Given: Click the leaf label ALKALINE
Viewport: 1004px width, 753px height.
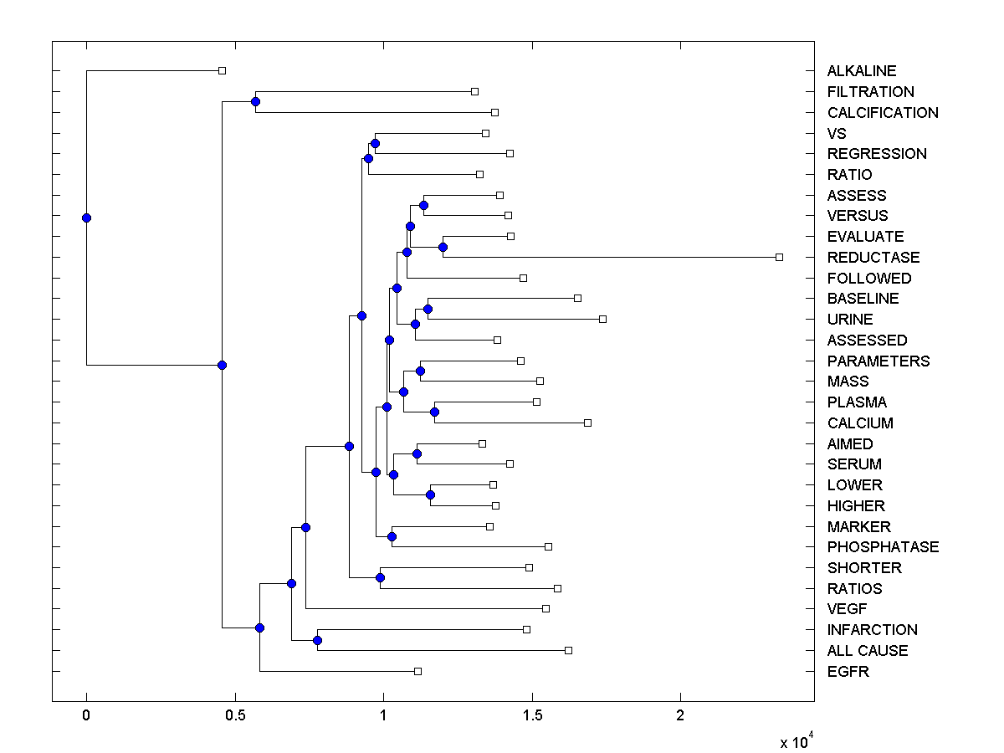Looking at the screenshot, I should pyautogui.click(x=862, y=71).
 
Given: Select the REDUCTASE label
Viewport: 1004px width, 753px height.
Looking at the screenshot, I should pyautogui.click(x=873, y=257).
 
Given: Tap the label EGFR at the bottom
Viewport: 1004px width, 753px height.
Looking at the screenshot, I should pyautogui.click(x=848, y=671).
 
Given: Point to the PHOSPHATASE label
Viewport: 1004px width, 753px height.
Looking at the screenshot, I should pyautogui.click(x=883, y=546).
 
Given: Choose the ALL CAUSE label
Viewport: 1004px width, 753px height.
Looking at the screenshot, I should pyautogui.click(x=867, y=650).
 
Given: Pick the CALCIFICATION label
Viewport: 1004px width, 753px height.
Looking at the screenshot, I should pyautogui.click(x=883, y=112).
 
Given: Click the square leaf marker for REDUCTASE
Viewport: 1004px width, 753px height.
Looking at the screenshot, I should pyautogui.click(x=779, y=257).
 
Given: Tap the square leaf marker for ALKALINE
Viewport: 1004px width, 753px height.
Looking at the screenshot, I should pyautogui.click(x=222, y=71).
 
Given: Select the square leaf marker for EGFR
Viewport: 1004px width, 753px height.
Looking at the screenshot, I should pyautogui.click(x=417, y=671).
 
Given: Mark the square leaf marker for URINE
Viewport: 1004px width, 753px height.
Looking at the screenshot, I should pyautogui.click(x=602, y=319).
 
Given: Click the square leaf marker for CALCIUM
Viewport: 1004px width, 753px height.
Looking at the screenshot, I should pyautogui.click(x=587, y=423).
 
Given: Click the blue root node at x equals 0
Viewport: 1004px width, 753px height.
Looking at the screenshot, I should pyautogui.click(x=86, y=218).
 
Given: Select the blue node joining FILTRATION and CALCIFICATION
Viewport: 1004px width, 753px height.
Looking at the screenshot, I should pyautogui.click(x=255, y=101).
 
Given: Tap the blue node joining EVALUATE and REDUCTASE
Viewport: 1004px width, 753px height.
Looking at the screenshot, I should pyautogui.click(x=443, y=247).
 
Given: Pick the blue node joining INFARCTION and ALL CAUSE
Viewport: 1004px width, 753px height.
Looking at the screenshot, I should pyautogui.click(x=317, y=640).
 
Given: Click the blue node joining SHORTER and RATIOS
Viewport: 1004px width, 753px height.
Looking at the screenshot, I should pyautogui.click(x=380, y=577).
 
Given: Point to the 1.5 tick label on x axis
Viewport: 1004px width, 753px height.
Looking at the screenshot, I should pyautogui.click(x=531, y=715).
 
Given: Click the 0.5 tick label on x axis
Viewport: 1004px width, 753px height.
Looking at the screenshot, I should pyautogui.click(x=234, y=715).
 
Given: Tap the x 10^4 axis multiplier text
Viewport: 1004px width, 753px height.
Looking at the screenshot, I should pyautogui.click(x=796, y=741).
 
